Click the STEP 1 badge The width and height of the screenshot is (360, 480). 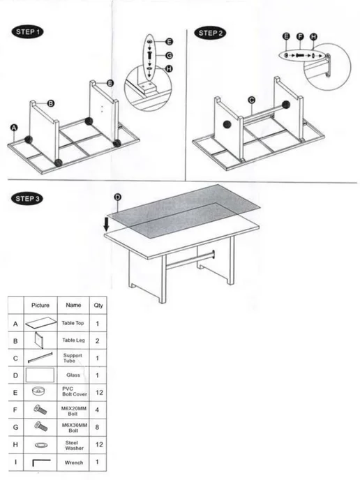27,32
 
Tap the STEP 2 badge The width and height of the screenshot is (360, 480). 210,33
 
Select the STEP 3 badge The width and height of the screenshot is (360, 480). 27,198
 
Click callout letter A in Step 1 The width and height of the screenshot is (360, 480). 14,128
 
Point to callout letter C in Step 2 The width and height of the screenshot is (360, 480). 252,100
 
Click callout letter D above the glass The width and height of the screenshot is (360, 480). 117,197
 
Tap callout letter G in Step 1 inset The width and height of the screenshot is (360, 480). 169,55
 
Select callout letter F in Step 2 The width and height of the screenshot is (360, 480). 300,37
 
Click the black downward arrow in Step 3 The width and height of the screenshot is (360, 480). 107,224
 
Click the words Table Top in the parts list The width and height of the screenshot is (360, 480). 73,323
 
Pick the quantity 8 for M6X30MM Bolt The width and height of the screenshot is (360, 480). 97,427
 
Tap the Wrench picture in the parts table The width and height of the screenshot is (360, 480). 41,463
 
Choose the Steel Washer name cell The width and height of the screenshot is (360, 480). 73,445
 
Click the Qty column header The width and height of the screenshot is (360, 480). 98,305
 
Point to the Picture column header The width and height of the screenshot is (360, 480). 40,305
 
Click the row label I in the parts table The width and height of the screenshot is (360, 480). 15,462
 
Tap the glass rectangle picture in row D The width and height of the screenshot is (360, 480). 40,375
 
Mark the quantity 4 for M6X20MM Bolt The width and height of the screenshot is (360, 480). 97,410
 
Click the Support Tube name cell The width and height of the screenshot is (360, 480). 73,358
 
